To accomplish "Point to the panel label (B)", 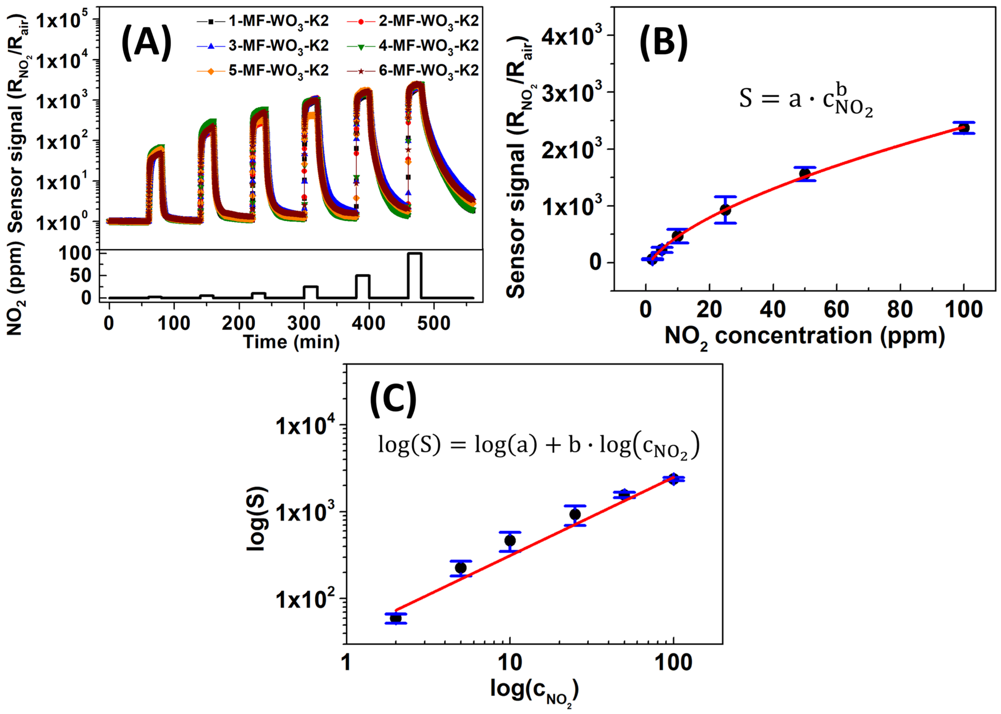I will (x=663, y=43).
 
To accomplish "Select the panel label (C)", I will (x=393, y=399).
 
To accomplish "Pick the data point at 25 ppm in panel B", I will (x=725, y=210).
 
